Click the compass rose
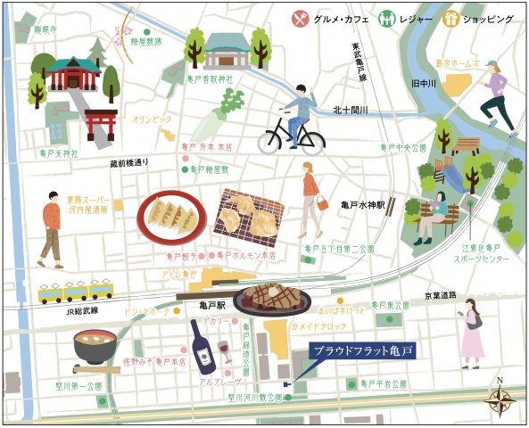499,398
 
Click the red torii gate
101,124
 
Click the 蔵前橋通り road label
130,163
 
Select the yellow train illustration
76,291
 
